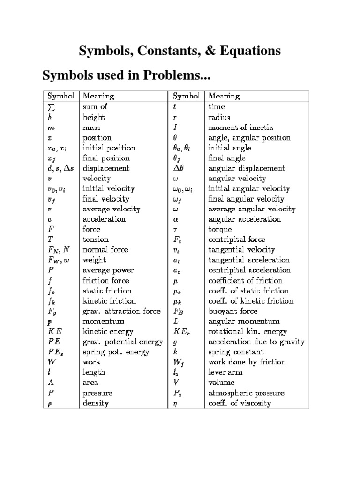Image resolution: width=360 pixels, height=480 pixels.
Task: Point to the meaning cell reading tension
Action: click(x=96, y=240)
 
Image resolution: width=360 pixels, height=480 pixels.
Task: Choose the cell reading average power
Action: click(x=108, y=270)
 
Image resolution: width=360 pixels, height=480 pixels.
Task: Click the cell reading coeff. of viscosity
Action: click(x=240, y=403)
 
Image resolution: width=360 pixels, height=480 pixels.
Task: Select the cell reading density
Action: click(x=96, y=403)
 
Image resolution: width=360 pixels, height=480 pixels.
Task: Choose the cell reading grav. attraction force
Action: click(x=121, y=311)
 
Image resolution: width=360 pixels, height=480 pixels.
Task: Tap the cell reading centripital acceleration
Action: click(x=249, y=270)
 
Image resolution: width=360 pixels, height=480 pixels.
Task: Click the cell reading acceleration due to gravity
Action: click(x=256, y=342)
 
